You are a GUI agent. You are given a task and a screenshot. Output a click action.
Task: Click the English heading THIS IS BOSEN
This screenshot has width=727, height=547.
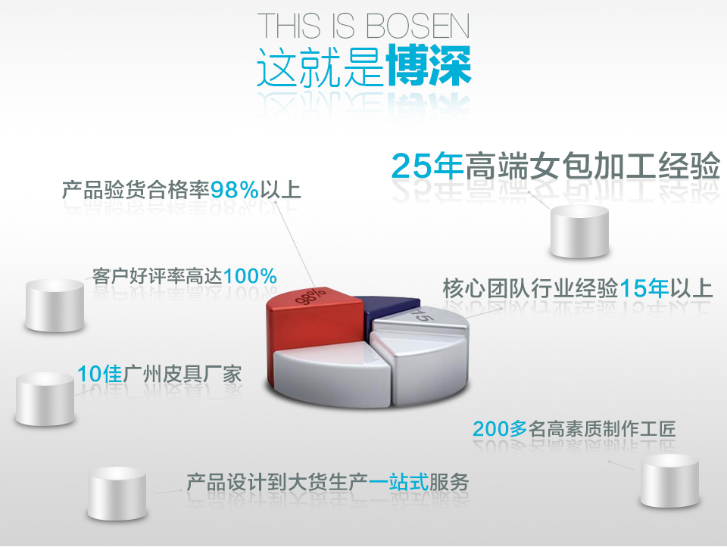click(x=363, y=26)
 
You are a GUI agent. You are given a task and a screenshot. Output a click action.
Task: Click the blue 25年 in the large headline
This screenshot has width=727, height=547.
click(x=427, y=166)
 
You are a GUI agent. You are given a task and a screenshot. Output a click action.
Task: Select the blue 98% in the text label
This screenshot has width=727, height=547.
click(x=234, y=190)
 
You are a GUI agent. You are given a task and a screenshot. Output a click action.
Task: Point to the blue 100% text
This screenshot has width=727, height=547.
click(x=250, y=276)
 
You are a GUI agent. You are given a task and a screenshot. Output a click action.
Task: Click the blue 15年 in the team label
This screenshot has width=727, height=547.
click(x=644, y=288)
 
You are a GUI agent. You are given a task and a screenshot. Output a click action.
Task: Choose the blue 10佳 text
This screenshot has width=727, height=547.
click(x=100, y=374)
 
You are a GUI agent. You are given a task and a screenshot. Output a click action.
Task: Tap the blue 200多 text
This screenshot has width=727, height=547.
click(x=500, y=429)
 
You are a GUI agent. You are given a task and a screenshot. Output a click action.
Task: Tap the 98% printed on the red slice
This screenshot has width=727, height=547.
click(x=311, y=297)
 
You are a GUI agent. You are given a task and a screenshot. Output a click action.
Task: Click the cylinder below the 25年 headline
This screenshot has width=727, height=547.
click(x=579, y=232)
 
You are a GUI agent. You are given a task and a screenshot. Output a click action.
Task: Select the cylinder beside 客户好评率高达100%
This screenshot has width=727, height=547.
click(x=55, y=305)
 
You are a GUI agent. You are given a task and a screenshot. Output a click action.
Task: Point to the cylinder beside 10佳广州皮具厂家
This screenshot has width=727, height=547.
click(x=45, y=399)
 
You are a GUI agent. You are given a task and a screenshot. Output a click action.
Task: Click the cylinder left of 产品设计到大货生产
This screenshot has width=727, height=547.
click(x=117, y=493)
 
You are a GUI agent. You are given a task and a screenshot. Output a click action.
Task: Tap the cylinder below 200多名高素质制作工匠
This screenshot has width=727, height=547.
click(x=669, y=480)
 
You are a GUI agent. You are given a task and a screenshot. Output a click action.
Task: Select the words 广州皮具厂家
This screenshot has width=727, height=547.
click(x=182, y=374)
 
